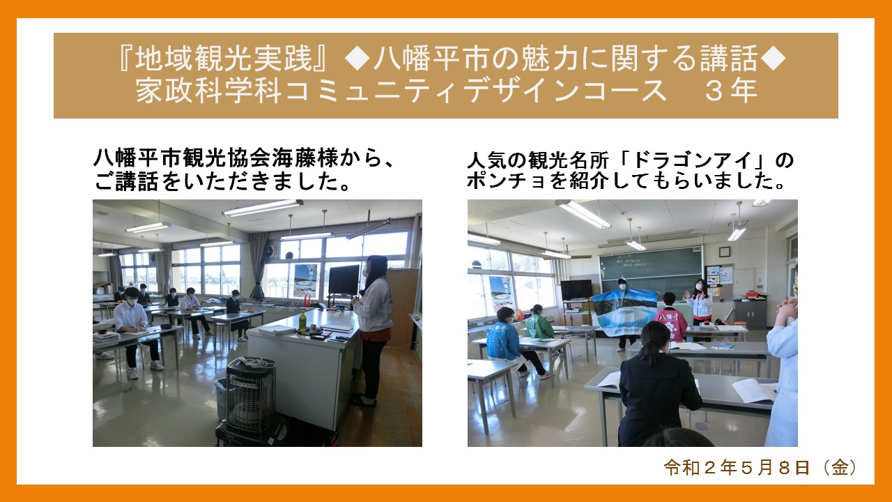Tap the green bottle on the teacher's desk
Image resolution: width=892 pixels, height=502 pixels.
[x=302, y=321]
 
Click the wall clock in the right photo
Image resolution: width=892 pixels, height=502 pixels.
[x=724, y=252]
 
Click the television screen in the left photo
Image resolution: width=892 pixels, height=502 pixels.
[x=344, y=280]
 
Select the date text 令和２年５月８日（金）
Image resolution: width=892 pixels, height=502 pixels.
[x=760, y=468]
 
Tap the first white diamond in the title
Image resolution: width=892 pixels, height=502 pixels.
[x=357, y=58]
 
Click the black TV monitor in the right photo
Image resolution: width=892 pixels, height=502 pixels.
[x=576, y=289]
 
